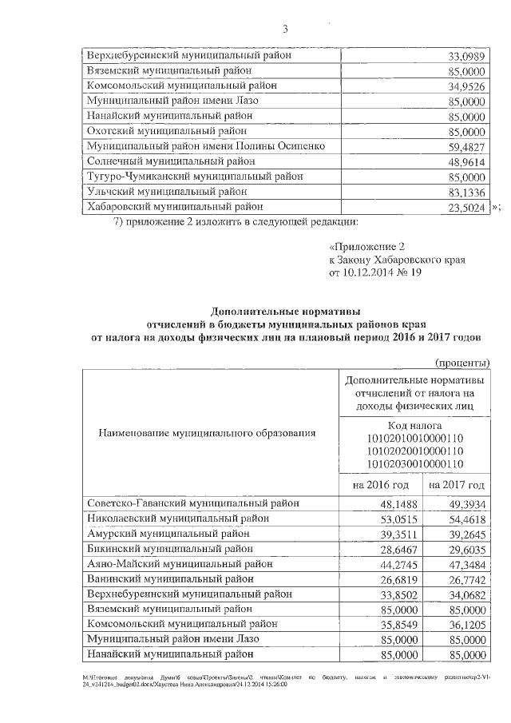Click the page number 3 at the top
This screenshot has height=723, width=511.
pyautogui.click(x=284, y=30)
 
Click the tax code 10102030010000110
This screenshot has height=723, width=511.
pyautogui.click(x=415, y=463)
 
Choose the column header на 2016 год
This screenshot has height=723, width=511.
pyautogui.click(x=381, y=485)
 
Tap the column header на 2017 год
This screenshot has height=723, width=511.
pyautogui.click(x=456, y=485)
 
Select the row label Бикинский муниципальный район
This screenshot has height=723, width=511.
pyautogui.click(x=168, y=549)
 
